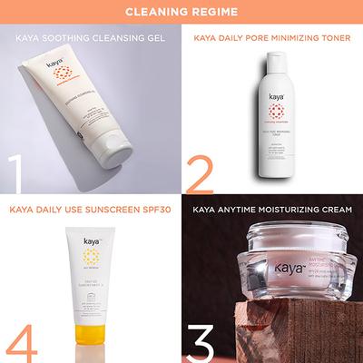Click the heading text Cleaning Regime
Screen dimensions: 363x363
pos(181,11)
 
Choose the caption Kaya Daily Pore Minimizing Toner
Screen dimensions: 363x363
pos(271,38)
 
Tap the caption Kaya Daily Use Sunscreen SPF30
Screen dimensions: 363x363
pos(90,214)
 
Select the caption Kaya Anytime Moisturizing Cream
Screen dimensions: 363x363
pos(273,214)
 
